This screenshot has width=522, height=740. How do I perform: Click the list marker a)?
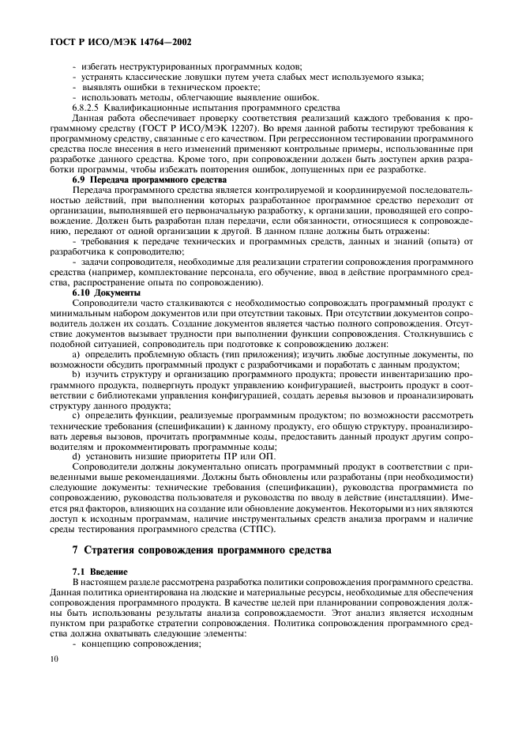[x=76, y=356]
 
